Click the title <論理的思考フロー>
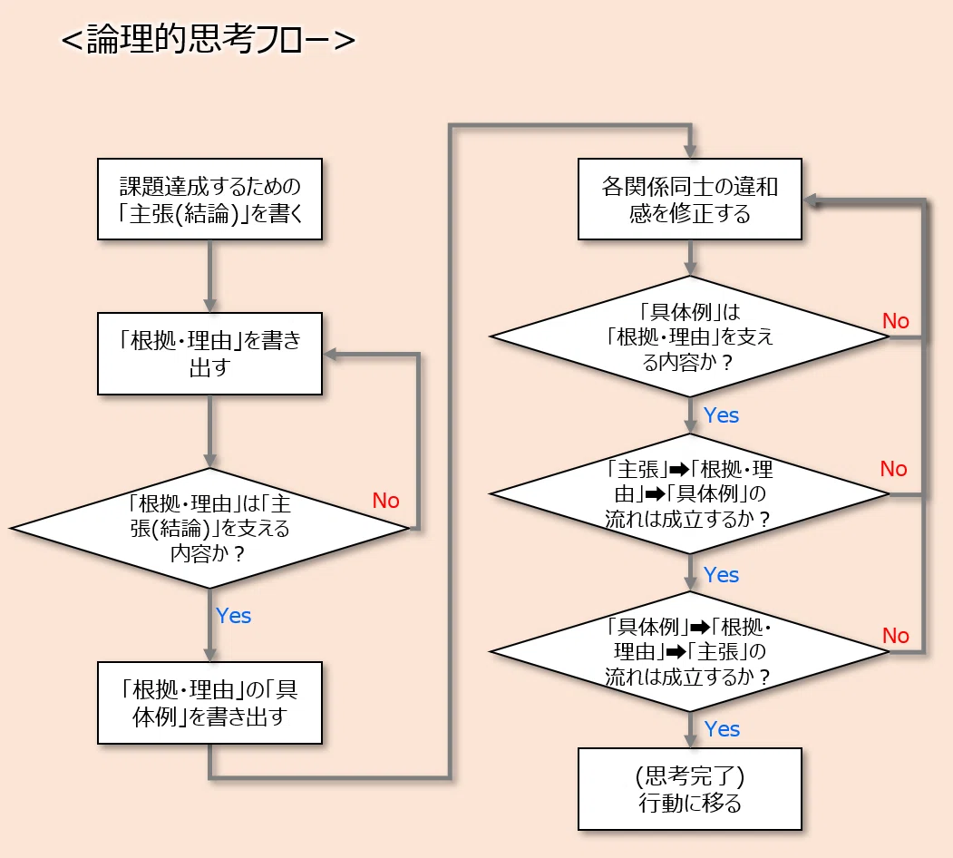click(x=209, y=40)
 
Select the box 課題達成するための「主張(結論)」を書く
click(x=209, y=200)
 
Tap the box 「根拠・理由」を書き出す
click(x=209, y=354)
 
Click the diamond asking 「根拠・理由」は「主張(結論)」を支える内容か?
click(x=209, y=528)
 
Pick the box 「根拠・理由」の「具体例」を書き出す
click(x=209, y=703)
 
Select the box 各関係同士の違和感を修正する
click(x=690, y=200)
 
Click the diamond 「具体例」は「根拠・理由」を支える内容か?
click(x=690, y=336)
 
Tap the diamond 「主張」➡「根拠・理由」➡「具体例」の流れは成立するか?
click(x=690, y=493)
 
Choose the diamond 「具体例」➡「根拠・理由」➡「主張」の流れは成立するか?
click(x=690, y=651)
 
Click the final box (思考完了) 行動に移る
click(x=690, y=789)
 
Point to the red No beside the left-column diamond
click(x=386, y=501)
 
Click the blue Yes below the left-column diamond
click(x=233, y=615)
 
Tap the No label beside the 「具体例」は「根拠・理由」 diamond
click(x=896, y=320)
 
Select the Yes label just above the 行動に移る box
click(x=722, y=728)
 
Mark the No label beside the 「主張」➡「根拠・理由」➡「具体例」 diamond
click(x=894, y=469)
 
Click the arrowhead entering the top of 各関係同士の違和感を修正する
click(x=690, y=151)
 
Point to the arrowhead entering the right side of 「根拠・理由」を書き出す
click(x=331, y=355)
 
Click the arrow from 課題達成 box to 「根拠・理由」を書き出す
click(x=209, y=276)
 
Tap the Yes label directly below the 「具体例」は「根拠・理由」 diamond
click(x=722, y=415)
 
